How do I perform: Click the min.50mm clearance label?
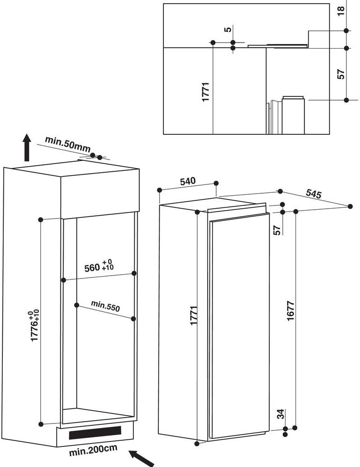tap(68, 145)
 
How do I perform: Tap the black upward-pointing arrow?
tap(27, 147)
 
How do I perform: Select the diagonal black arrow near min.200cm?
tap(141, 459)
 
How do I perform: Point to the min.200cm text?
tap(93, 450)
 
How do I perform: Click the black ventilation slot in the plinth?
tap(95, 432)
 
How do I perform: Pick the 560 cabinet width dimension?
tap(99, 266)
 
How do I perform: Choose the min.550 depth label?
tap(105, 306)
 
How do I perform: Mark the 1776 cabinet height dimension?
tap(35, 326)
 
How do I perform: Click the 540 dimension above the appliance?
tap(188, 181)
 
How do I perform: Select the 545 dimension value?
tap(314, 194)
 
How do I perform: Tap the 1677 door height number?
tap(291, 311)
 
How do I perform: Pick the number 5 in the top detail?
tap(228, 29)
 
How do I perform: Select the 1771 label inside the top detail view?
tap(206, 92)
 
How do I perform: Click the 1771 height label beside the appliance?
tap(194, 315)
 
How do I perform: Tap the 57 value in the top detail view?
tap(341, 74)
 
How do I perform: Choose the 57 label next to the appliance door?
tap(277, 230)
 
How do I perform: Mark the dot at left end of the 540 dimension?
tap(160, 190)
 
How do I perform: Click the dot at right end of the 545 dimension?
tap(350, 206)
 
